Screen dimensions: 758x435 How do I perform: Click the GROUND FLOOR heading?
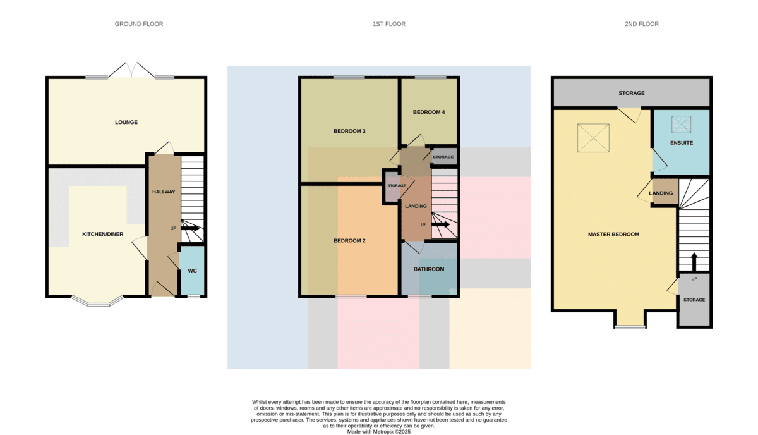[139, 24]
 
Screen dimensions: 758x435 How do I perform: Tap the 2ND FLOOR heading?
[642, 24]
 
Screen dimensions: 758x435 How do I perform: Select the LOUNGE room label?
[126, 122]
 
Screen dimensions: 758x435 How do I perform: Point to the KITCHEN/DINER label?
[103, 234]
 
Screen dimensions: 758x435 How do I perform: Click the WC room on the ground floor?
[192, 271]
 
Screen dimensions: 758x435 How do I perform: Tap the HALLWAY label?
[164, 192]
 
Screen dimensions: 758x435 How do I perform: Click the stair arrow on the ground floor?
[190, 228]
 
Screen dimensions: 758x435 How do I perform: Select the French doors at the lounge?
[131, 70]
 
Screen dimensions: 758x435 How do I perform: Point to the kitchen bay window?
[97, 302]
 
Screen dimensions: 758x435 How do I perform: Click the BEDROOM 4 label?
[429, 112]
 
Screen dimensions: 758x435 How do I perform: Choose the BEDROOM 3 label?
[349, 131]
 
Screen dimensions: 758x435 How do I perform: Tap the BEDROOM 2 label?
[349, 241]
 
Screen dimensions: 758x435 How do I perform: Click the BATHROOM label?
[429, 269]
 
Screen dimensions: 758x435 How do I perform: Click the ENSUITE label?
[682, 143]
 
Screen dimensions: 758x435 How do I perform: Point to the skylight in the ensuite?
[681, 125]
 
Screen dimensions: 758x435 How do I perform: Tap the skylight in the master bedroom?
[593, 138]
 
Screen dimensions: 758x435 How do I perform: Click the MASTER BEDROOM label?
[613, 235]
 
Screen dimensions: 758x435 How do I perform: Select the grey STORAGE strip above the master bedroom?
[632, 93]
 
